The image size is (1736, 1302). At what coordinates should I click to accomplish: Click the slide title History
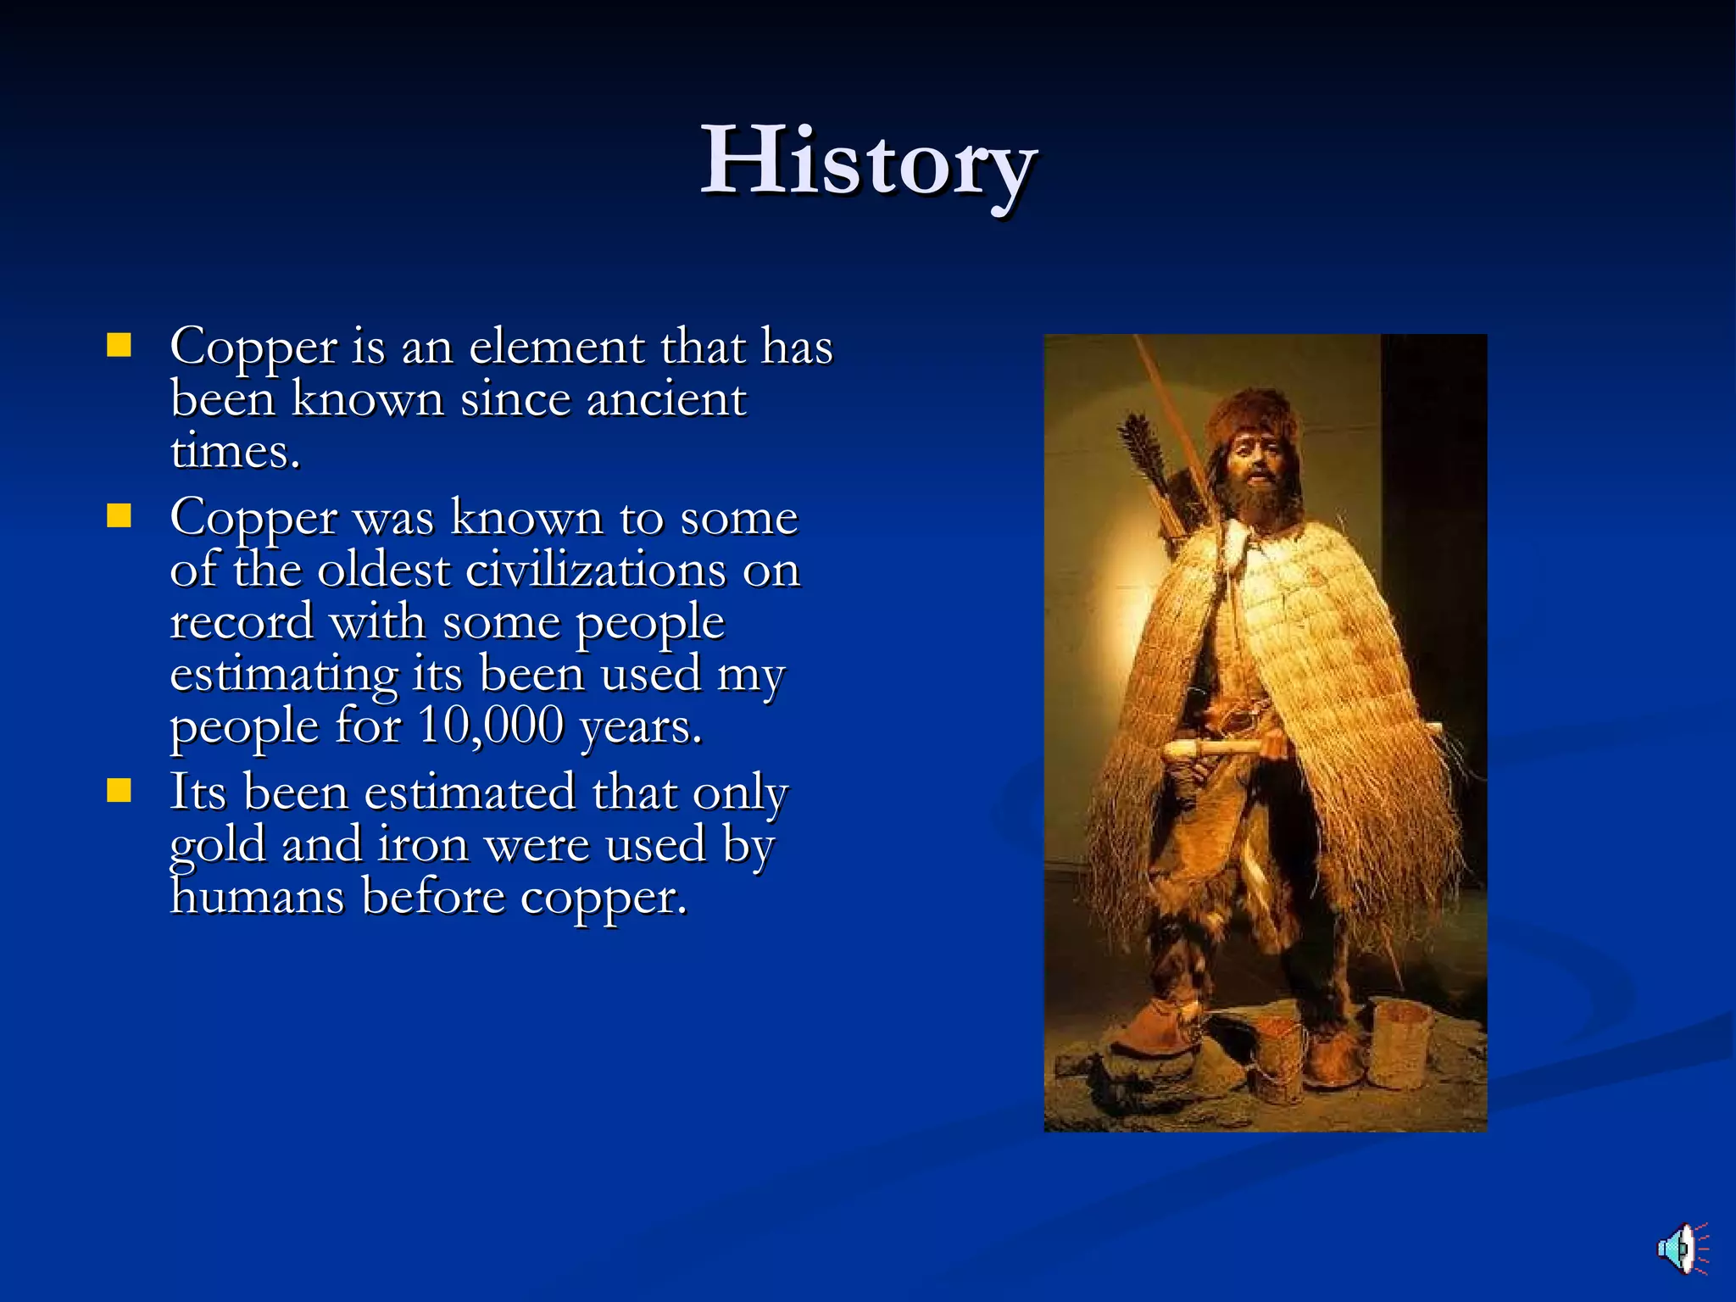coord(868,161)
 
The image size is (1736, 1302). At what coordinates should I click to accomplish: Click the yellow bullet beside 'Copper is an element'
coord(120,346)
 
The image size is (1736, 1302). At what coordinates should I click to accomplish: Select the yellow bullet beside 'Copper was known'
coord(120,516)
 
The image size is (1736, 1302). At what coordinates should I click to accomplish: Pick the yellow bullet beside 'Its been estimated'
coord(120,791)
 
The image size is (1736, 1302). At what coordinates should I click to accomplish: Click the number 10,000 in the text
coord(492,726)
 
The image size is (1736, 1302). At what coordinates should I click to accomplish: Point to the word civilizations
coord(595,570)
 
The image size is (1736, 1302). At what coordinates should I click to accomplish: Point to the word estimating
coord(284,675)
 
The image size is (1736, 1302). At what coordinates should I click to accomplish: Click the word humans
coord(257,896)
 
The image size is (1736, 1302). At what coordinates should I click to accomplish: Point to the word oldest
coord(383,570)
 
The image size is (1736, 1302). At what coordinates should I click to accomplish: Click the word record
coord(242,622)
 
